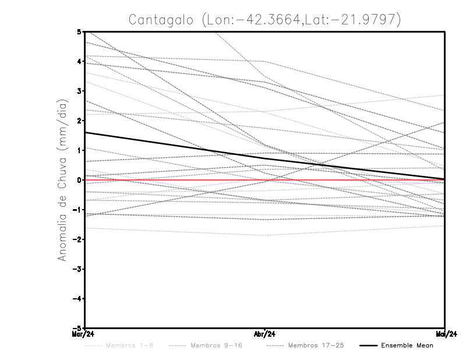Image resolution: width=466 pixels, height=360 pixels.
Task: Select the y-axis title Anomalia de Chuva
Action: (62, 179)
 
